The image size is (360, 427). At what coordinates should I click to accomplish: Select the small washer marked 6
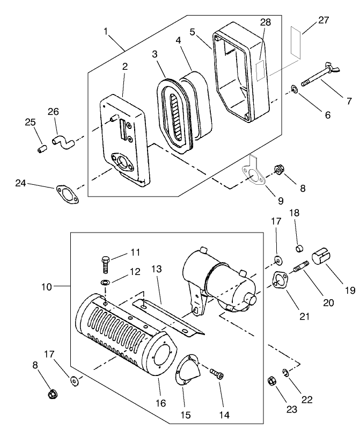pyautogui.click(x=295, y=88)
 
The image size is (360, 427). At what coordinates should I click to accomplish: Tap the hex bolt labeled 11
pyautogui.click(x=106, y=264)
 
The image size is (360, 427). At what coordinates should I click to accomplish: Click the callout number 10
pyautogui.click(x=46, y=287)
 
